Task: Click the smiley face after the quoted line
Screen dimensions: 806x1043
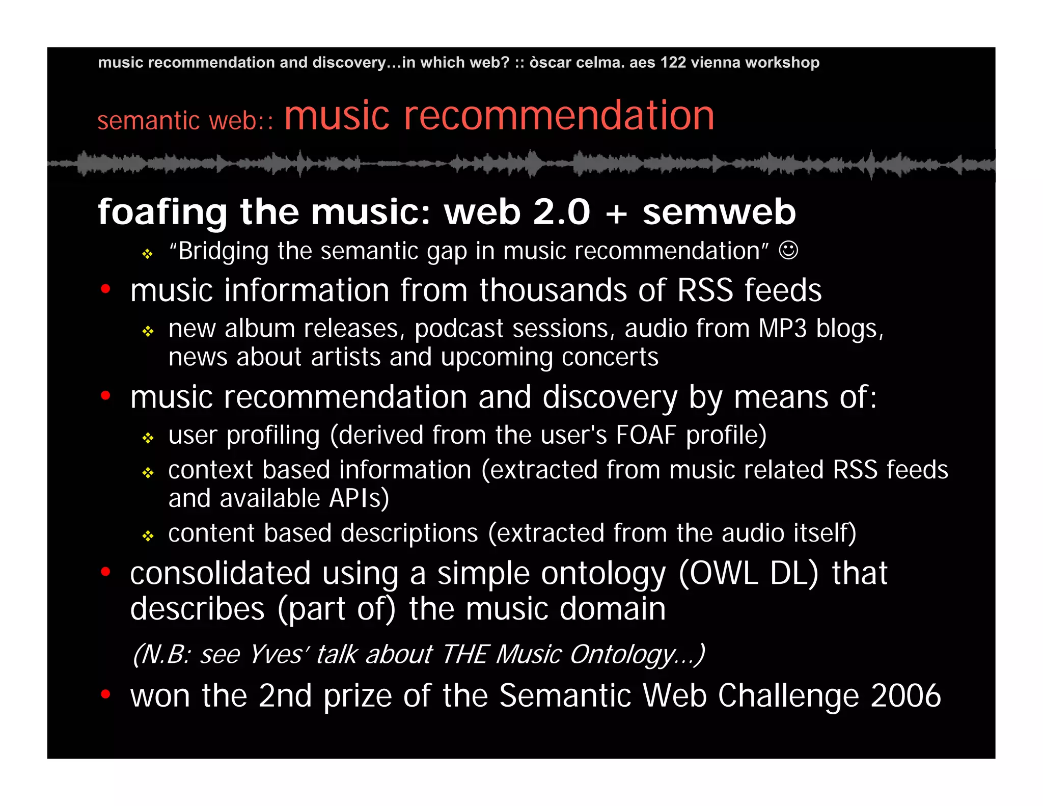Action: pyautogui.click(x=788, y=250)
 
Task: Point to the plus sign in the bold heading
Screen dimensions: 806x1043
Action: pyautogui.click(x=616, y=212)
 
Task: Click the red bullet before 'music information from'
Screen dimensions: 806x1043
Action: pyautogui.click(x=105, y=289)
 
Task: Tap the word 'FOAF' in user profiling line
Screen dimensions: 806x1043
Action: pyautogui.click(x=646, y=435)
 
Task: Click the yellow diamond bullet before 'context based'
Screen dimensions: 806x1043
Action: pyautogui.click(x=148, y=473)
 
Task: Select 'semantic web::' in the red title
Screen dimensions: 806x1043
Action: pyautogui.click(x=185, y=121)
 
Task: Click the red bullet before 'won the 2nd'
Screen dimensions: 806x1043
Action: pyautogui.click(x=105, y=694)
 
